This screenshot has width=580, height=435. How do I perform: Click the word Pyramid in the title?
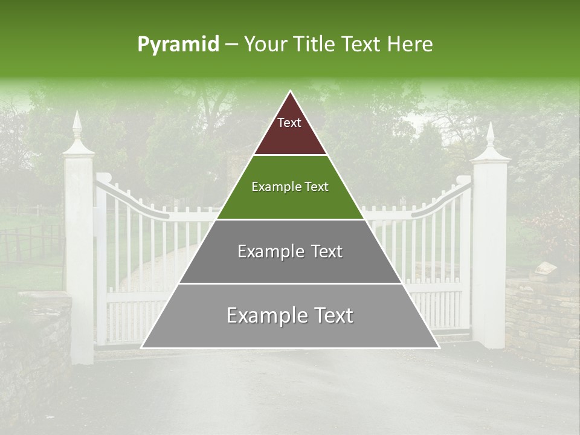(178, 45)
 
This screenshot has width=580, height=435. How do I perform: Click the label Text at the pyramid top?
(289, 123)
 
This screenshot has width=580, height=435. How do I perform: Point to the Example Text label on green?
(290, 187)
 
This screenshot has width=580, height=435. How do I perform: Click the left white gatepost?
(79, 254)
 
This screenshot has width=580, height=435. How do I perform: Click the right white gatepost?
(489, 254)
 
